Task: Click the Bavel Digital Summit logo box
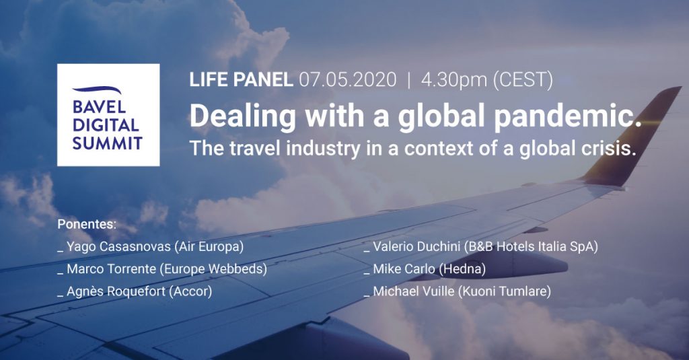[108, 115]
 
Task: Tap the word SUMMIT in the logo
[108, 143]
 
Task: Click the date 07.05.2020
[348, 80]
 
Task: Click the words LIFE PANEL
[242, 80]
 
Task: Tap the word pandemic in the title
[567, 116]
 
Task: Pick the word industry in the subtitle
[323, 149]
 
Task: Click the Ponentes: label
[87, 224]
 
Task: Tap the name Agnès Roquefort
[116, 291]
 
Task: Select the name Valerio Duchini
[416, 246]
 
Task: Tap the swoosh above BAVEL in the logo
[97, 90]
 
